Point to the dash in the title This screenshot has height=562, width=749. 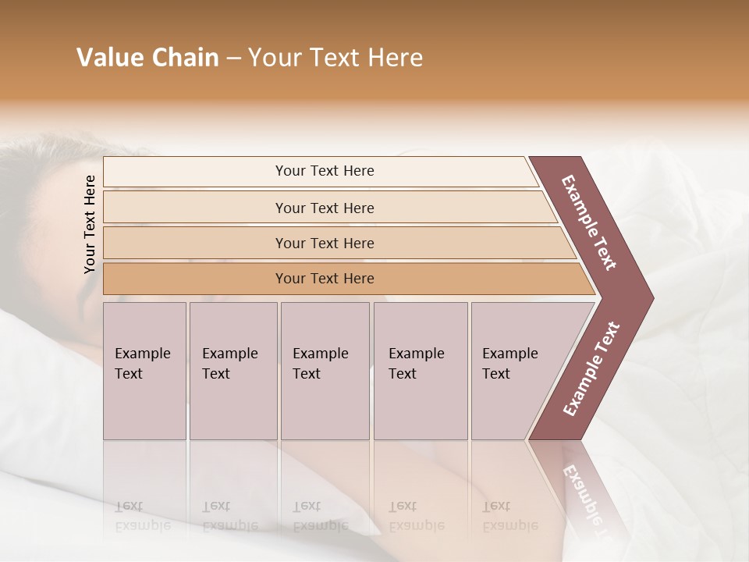233,59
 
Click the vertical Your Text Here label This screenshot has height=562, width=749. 90,224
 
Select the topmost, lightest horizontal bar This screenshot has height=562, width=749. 324,171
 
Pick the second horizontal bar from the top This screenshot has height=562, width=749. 324,208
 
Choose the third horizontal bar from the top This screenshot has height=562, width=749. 324,243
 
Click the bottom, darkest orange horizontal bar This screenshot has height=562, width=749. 324,279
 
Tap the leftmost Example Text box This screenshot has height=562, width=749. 144,371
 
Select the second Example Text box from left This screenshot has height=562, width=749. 233,371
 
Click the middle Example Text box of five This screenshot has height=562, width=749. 325,371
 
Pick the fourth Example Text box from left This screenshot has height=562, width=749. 420,371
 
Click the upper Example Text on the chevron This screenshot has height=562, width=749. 589,222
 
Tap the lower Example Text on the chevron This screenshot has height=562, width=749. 591,369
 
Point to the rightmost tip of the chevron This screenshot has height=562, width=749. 652,298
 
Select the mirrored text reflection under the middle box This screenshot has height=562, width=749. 320,516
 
